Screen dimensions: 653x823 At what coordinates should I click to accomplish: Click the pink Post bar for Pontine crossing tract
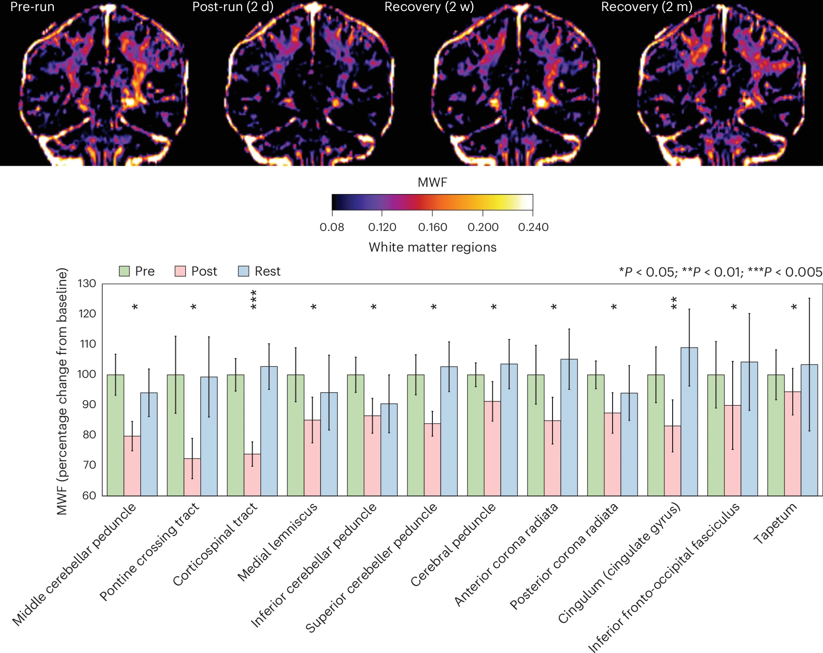point(192,477)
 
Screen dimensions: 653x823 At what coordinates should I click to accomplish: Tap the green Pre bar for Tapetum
point(776,435)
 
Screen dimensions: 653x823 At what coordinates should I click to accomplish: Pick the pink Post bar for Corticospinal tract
point(252,475)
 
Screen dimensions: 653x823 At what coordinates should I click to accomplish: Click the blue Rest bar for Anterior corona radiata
point(569,427)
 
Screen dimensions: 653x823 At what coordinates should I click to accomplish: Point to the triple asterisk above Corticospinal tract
point(254,300)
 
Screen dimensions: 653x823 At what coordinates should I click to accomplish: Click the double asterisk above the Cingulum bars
point(674,303)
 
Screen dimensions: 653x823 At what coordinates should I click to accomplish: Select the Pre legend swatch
point(124,271)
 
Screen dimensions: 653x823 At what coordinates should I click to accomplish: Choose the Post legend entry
point(196,271)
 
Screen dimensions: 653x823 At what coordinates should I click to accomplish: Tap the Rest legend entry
point(259,271)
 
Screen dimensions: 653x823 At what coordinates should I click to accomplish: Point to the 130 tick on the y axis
point(87,283)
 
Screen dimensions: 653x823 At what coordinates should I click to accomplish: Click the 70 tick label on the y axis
point(89,465)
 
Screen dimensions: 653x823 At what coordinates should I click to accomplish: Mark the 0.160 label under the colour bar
point(432,227)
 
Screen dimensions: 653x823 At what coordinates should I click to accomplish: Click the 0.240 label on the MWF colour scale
point(533,227)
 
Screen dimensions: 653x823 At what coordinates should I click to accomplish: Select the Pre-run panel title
point(32,7)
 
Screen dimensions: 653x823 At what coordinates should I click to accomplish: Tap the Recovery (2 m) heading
point(647,7)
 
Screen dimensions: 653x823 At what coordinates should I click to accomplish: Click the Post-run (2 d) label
point(233,7)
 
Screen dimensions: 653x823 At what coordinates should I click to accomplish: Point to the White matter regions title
point(432,247)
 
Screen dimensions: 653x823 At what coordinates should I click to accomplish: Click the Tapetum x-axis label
point(775,523)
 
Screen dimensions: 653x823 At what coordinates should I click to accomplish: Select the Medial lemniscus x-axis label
point(278,541)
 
